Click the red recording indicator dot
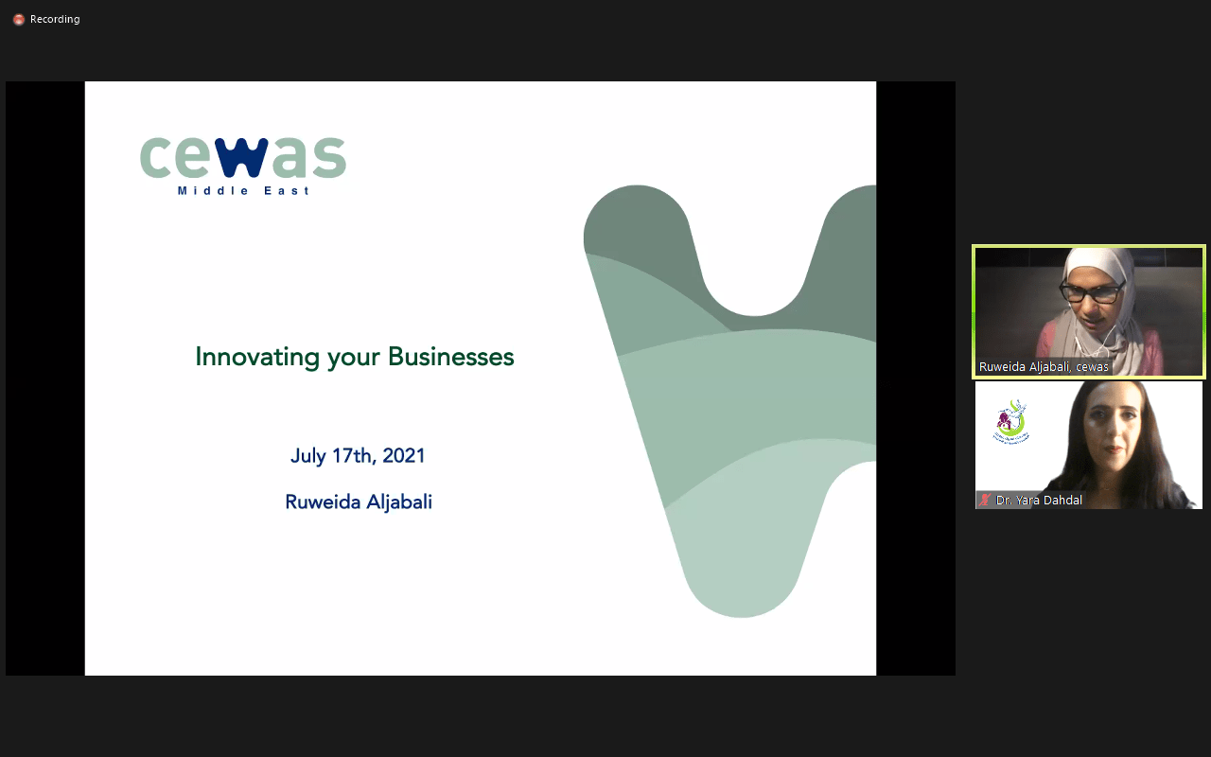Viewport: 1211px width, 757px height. tap(19, 20)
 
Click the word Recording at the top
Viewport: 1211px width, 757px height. tap(55, 19)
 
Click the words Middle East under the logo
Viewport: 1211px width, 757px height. tap(243, 191)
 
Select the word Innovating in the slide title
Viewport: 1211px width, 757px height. tap(257, 358)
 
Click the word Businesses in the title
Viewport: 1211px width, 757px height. tap(451, 357)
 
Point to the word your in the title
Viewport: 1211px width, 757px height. tap(354, 359)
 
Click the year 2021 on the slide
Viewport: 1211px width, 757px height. tap(403, 456)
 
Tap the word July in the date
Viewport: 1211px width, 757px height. tap(308, 456)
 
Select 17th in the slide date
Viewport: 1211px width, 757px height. tap(354, 456)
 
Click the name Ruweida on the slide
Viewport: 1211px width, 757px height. tap(323, 502)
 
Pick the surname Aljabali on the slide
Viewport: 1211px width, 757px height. tap(399, 502)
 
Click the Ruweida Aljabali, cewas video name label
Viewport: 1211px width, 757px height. tap(1044, 366)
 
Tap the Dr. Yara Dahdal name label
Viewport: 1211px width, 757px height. tap(1039, 501)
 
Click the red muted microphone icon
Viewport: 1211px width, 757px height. tap(985, 501)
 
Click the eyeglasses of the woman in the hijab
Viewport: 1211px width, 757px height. tap(1091, 293)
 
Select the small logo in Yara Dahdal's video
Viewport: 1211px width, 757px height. tap(1011, 422)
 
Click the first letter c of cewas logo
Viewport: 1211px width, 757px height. tap(154, 157)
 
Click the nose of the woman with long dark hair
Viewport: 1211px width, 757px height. tap(1113, 432)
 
